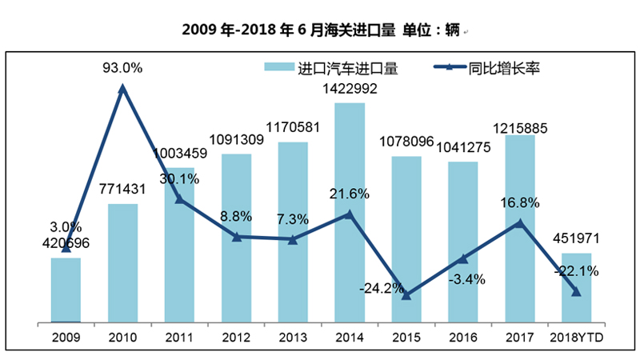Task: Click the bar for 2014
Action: (x=350, y=212)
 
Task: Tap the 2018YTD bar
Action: (x=576, y=288)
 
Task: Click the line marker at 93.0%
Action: (x=122, y=89)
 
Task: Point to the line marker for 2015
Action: (x=406, y=296)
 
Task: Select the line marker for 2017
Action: (x=520, y=223)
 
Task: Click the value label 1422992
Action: (x=350, y=89)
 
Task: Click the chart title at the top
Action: (x=320, y=30)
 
